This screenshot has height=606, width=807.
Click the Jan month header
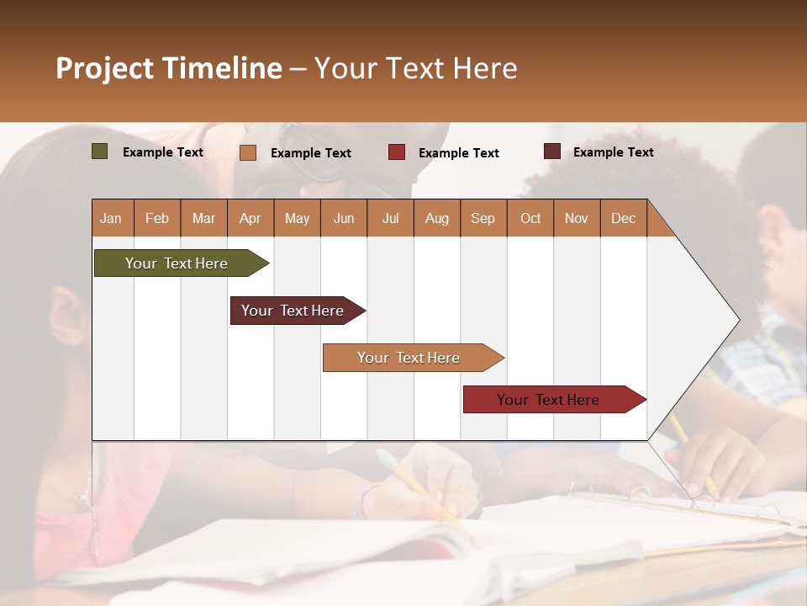pos(112,218)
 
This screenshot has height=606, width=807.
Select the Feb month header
pos(157,218)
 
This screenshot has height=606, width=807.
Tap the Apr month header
pos(250,218)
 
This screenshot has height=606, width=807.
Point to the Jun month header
pos(344,218)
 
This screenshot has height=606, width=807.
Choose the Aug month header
pos(436,218)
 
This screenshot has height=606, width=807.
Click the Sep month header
pos(483,218)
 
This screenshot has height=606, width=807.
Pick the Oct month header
pos(530,218)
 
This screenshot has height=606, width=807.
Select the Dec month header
pos(623,218)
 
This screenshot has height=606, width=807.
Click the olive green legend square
pos(99,151)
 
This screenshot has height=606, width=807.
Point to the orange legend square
pos(247,152)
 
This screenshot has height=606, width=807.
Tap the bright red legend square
pos(397,152)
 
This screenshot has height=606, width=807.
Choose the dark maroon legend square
pos(551,151)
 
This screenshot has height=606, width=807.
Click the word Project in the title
pos(104,68)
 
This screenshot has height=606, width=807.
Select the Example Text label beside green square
pos(163,152)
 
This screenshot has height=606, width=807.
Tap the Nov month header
pos(577,218)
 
